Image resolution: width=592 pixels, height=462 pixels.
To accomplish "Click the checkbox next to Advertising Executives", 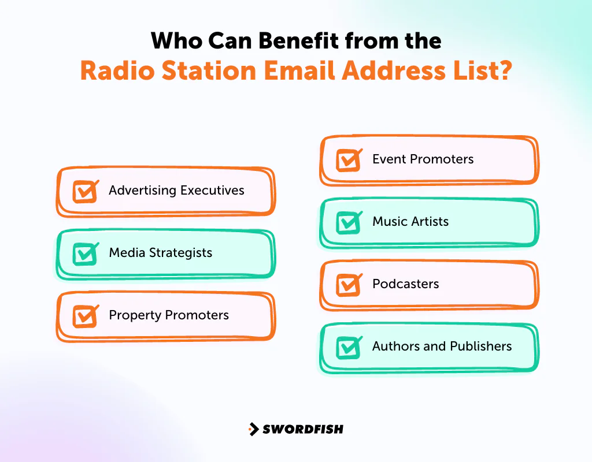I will (x=85, y=192).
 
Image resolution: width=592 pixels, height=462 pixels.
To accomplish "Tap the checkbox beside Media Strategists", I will (x=85, y=254).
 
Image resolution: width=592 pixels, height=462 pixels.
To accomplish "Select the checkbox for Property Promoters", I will (x=85, y=316).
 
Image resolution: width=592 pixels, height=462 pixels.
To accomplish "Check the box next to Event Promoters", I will (x=349, y=161).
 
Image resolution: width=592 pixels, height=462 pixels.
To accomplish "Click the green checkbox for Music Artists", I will (x=349, y=223).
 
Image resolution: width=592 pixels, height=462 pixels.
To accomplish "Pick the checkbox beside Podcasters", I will (x=349, y=285).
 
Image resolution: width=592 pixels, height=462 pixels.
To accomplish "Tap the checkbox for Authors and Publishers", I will (x=349, y=348).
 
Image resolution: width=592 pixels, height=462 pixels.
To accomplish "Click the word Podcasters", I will (x=405, y=284).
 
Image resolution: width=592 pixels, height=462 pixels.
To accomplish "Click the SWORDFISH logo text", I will (x=302, y=429).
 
